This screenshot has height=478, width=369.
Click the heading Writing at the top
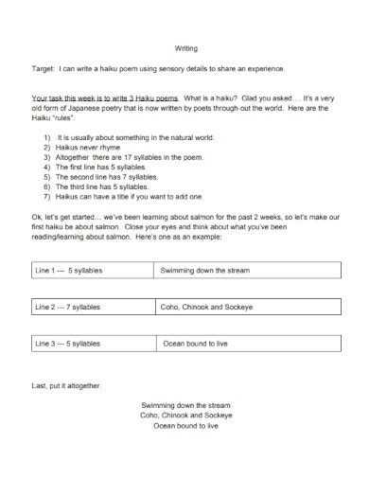click(x=185, y=48)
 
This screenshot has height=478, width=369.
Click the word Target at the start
click(x=44, y=70)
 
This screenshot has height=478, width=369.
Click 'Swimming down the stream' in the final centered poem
click(x=185, y=405)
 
